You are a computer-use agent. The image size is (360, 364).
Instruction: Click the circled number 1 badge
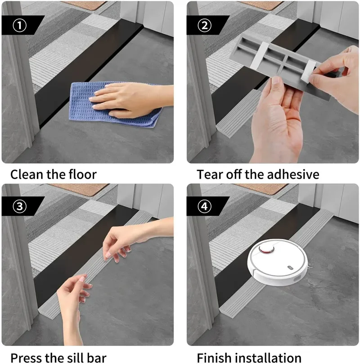coord(19,25)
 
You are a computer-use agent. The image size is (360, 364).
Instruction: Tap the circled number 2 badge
coord(205,25)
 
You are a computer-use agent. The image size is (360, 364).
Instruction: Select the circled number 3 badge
coord(19,207)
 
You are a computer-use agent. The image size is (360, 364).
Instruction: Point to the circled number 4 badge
coord(205,207)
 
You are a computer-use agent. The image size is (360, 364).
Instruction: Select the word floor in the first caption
coord(81,174)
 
